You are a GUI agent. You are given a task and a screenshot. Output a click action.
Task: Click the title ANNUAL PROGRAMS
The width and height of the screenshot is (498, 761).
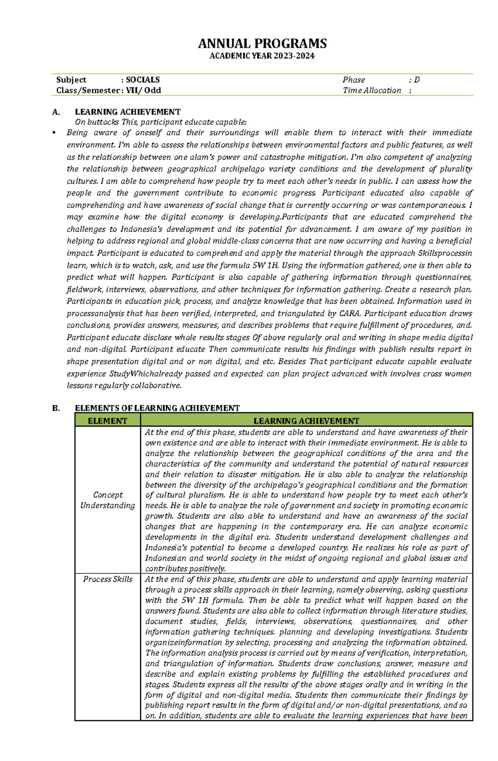pyautogui.click(x=262, y=44)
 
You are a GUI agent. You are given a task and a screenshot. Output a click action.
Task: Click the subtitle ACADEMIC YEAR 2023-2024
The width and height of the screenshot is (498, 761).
pyautogui.click(x=262, y=56)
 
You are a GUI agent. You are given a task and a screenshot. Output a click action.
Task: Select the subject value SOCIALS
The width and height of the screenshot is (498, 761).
pyautogui.click(x=143, y=80)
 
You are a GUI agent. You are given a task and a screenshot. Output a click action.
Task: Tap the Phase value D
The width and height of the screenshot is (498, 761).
pyautogui.click(x=417, y=80)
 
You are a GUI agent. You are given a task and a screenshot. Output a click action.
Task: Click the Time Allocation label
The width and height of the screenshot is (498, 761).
pyautogui.click(x=372, y=90)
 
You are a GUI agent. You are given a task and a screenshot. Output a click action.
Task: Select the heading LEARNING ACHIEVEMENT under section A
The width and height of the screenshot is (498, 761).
pyautogui.click(x=127, y=112)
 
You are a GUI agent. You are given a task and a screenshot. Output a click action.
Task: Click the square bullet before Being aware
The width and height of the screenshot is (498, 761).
pyautogui.click(x=54, y=133)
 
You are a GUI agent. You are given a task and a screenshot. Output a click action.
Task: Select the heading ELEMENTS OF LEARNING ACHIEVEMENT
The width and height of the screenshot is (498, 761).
pyautogui.click(x=157, y=408)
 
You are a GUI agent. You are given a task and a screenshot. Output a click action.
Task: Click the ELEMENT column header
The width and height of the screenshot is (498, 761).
pyautogui.click(x=107, y=421)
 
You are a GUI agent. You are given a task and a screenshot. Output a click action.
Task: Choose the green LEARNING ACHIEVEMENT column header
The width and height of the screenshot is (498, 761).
pyautogui.click(x=306, y=421)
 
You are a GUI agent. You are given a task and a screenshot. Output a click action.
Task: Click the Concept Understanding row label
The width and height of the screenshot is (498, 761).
pyautogui.click(x=107, y=500)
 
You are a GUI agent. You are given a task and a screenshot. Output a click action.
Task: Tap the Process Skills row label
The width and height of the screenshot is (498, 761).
pyautogui.click(x=107, y=579)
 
